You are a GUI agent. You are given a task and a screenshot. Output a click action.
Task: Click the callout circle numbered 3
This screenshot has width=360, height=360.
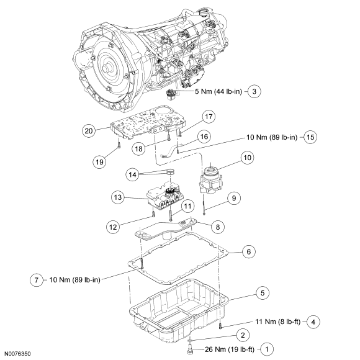point(254,91)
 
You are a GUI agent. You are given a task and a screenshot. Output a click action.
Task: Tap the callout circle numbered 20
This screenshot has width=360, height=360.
point(89,131)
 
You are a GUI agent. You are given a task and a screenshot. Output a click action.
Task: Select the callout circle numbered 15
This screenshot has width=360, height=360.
point(310,137)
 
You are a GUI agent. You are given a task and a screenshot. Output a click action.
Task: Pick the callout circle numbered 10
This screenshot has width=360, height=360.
point(247,158)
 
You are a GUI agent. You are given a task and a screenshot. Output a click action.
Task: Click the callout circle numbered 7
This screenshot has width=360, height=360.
point(37,280)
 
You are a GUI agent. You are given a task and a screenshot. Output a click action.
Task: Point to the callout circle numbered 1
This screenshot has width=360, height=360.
point(267,349)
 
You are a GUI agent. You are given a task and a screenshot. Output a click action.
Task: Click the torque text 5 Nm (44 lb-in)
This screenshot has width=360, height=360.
point(218,91)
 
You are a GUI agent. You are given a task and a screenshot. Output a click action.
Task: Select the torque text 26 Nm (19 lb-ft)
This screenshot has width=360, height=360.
point(230,349)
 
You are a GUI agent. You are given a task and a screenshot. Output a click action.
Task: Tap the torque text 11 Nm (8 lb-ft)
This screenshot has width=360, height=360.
point(278,322)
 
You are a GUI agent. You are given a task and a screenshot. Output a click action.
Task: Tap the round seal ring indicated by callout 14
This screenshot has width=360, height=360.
point(171,171)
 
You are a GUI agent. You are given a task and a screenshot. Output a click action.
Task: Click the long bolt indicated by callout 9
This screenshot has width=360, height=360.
point(204,204)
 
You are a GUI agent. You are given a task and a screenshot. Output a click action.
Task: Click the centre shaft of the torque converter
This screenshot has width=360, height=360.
point(107,68)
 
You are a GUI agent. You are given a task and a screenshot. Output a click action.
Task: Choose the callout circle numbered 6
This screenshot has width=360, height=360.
point(249,252)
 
